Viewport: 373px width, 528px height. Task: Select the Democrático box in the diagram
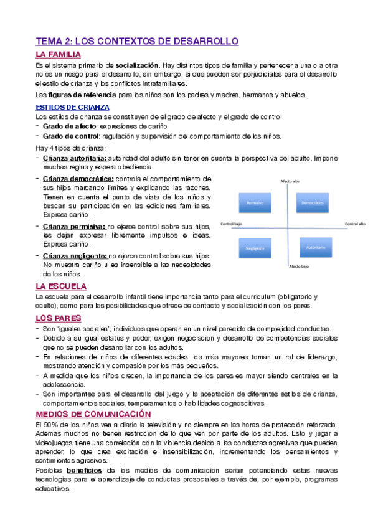(x=313, y=203)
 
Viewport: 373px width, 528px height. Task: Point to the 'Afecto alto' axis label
(x=290, y=182)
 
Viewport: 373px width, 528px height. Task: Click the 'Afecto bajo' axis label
(x=299, y=266)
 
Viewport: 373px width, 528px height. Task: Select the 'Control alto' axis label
(x=354, y=223)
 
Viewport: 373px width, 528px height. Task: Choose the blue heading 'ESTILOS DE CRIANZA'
(x=73, y=107)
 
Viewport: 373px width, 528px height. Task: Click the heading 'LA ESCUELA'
(x=61, y=286)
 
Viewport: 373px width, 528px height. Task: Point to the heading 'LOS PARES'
(x=57, y=318)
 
